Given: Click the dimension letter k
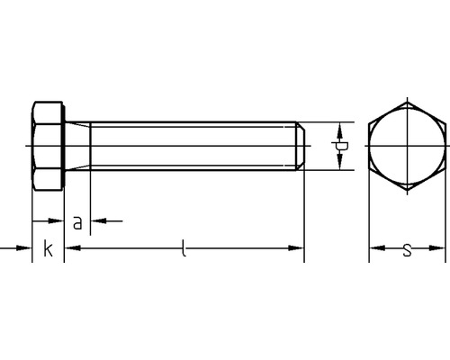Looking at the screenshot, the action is click(x=48, y=248).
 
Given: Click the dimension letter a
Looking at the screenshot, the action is click(x=77, y=223).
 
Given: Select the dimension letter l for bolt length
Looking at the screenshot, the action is click(x=184, y=247).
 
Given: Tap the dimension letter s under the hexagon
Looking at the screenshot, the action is click(x=407, y=250).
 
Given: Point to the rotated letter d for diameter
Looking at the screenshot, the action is click(x=340, y=146).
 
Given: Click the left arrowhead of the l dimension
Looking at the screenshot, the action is click(x=73, y=248).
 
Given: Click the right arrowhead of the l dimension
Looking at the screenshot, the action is click(x=296, y=248).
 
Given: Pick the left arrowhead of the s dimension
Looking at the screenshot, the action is click(x=377, y=248).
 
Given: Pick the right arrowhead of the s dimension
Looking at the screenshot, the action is click(x=436, y=248).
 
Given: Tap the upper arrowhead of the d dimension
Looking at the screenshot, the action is click(x=339, y=130).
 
